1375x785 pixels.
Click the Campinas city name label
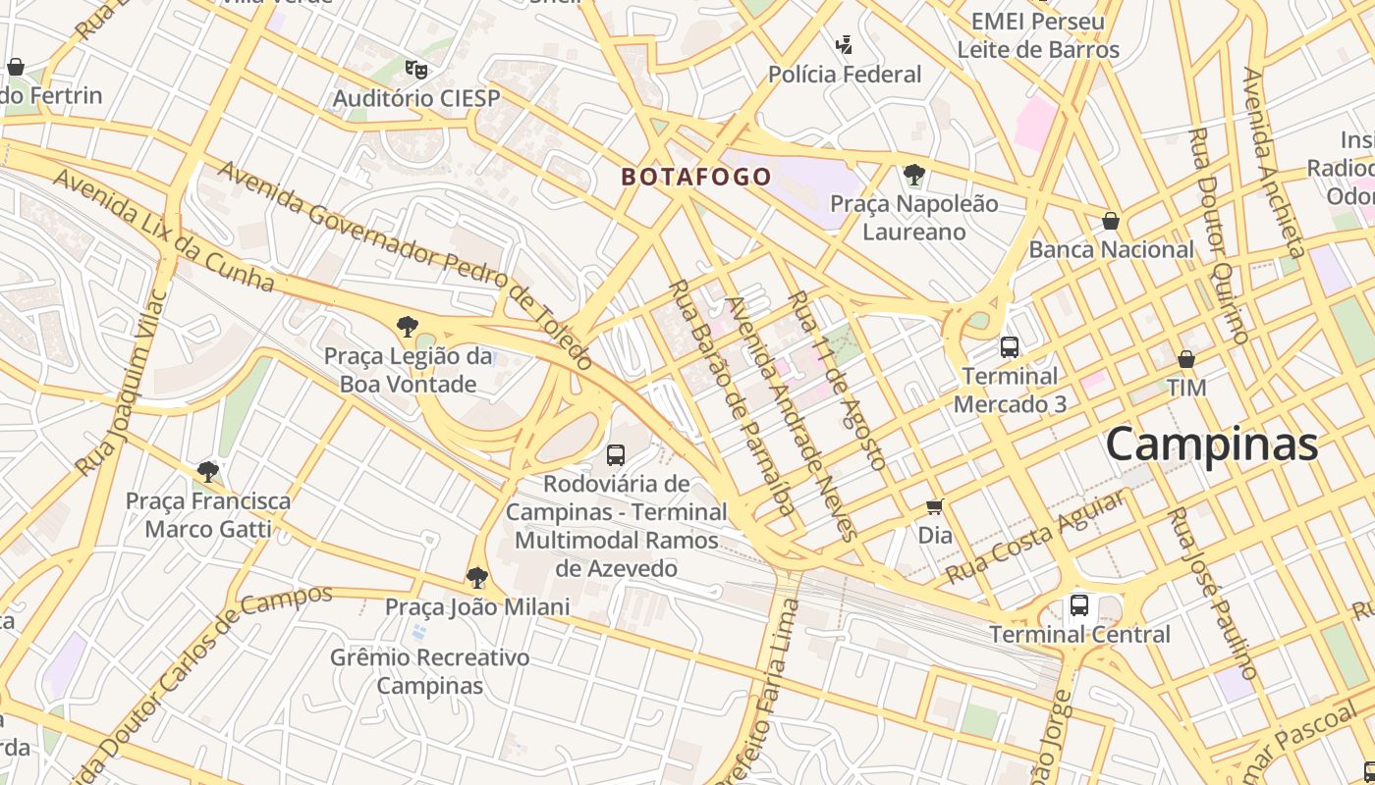(1211, 445)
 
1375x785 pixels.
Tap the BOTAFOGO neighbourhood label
(695, 178)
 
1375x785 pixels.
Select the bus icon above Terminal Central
(1078, 604)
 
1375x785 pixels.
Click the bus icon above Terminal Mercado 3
(1009, 346)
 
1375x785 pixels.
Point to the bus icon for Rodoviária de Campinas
(616, 454)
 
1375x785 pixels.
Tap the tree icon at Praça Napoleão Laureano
(914, 175)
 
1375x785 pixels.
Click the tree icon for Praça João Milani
(477, 577)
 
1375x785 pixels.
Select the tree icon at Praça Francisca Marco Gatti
(207, 472)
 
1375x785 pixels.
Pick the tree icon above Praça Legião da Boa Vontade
(407, 327)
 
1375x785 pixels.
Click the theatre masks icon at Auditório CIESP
(416, 69)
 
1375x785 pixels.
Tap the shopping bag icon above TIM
(1186, 359)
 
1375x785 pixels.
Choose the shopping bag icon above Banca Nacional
(1111, 221)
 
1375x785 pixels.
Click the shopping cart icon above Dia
(934, 506)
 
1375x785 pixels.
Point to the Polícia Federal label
(845, 75)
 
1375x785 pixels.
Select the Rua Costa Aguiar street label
(1036, 537)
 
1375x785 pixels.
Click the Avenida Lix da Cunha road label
(163, 231)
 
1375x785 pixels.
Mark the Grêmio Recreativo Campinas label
(430, 671)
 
